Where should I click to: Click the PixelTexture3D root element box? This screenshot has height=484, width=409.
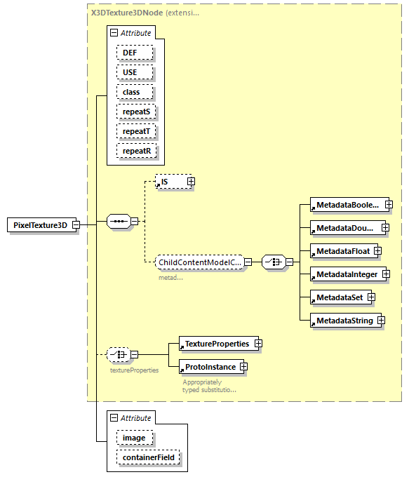coord(41,224)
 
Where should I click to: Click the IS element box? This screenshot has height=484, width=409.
coord(170,182)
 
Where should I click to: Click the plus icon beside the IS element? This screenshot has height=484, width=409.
coord(190,182)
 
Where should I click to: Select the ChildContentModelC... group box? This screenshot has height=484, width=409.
coord(201,262)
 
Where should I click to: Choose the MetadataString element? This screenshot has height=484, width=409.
coord(343,321)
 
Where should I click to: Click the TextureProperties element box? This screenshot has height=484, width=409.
coord(217,344)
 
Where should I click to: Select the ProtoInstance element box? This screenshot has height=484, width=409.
coord(209,367)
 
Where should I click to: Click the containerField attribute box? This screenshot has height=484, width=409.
coord(149,457)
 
